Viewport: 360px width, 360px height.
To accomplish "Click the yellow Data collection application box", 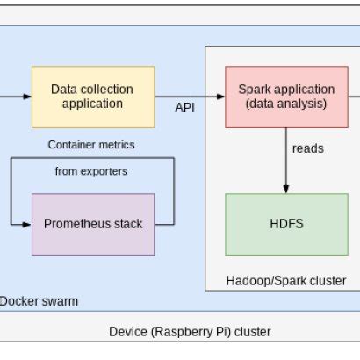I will coord(92,97).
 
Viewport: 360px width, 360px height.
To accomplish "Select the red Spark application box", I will coord(286,97).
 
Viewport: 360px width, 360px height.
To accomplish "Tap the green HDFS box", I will coord(286,224).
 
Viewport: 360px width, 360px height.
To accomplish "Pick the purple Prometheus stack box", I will coord(93,224).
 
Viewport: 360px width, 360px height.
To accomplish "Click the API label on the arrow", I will coord(184,107).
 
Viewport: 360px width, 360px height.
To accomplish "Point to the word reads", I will coord(308,148).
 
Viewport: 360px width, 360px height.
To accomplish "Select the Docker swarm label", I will coord(39,301).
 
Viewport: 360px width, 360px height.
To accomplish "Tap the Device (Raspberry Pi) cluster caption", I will coord(190,331).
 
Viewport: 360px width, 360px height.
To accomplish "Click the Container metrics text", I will coord(91,144).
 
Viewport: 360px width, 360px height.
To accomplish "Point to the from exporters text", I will coord(91,171).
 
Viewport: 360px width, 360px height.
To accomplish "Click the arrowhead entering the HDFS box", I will coord(286,189).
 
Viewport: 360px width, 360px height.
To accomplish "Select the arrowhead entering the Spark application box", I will coord(220,97).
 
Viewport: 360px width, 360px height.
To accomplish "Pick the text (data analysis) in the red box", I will coord(286,104).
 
